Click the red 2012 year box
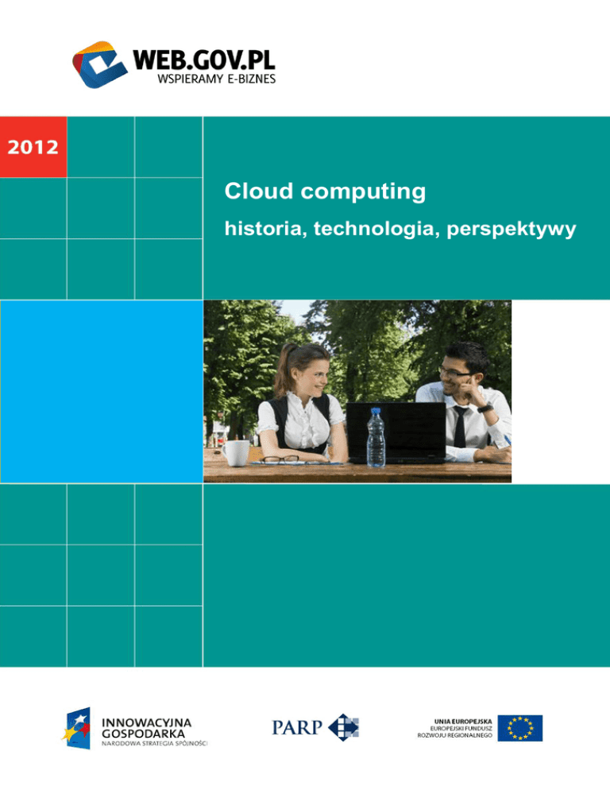click(33, 146)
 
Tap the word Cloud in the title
click(259, 191)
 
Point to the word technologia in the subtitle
click(376, 229)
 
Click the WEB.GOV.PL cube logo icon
click(100, 64)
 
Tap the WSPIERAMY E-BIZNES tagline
click(217, 79)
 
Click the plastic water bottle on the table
click(376, 437)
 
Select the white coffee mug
click(236, 452)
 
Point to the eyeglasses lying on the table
click(280, 459)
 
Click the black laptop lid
click(396, 432)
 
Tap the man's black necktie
click(459, 427)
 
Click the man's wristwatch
click(485, 408)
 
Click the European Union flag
click(519, 727)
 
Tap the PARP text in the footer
click(297, 727)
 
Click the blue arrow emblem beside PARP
click(344, 727)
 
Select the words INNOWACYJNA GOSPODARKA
click(146, 728)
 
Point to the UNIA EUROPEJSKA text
click(463, 722)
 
